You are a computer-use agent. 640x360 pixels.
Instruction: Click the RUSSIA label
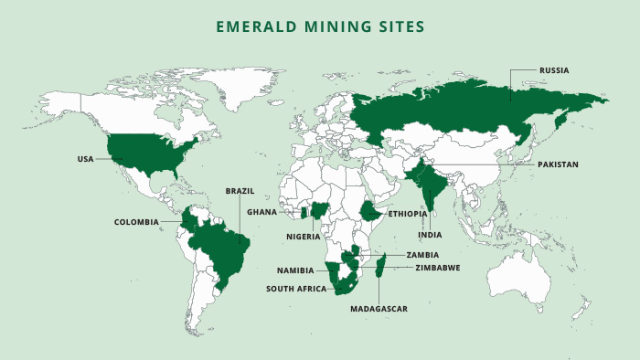554,69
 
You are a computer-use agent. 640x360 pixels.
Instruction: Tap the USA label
86,159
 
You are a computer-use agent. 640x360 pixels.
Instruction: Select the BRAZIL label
240,191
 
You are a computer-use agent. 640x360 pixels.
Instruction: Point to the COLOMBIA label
136,222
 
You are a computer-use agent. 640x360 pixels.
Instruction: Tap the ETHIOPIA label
408,214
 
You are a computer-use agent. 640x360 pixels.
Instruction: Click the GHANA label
261,212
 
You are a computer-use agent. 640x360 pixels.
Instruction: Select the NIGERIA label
303,237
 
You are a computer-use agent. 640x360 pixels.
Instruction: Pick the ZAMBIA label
423,255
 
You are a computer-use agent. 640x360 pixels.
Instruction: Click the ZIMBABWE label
437,268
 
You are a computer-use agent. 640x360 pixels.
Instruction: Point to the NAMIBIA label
295,270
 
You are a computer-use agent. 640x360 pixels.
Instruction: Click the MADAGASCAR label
379,309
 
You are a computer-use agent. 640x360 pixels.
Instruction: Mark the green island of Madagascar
382,268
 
